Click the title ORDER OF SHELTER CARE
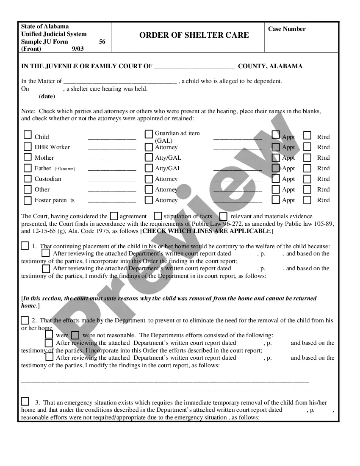[194, 35]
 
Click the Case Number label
[287, 29]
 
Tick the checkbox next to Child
[28, 135]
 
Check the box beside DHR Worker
[28, 147]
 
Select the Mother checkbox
[28, 157]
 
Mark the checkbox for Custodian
[28, 178]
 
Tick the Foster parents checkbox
[28, 200]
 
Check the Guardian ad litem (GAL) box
[149, 134]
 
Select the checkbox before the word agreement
[114, 216]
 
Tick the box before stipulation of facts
[158, 216]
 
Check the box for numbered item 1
[25, 246]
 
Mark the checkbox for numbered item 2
[25, 320]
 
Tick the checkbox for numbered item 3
[25, 402]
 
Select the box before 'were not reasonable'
[75, 335]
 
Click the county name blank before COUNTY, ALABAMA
[194, 67]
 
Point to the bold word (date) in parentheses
[47, 96]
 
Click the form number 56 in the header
[102, 42]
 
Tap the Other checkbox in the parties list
[28, 189]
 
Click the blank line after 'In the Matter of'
[119, 81]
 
